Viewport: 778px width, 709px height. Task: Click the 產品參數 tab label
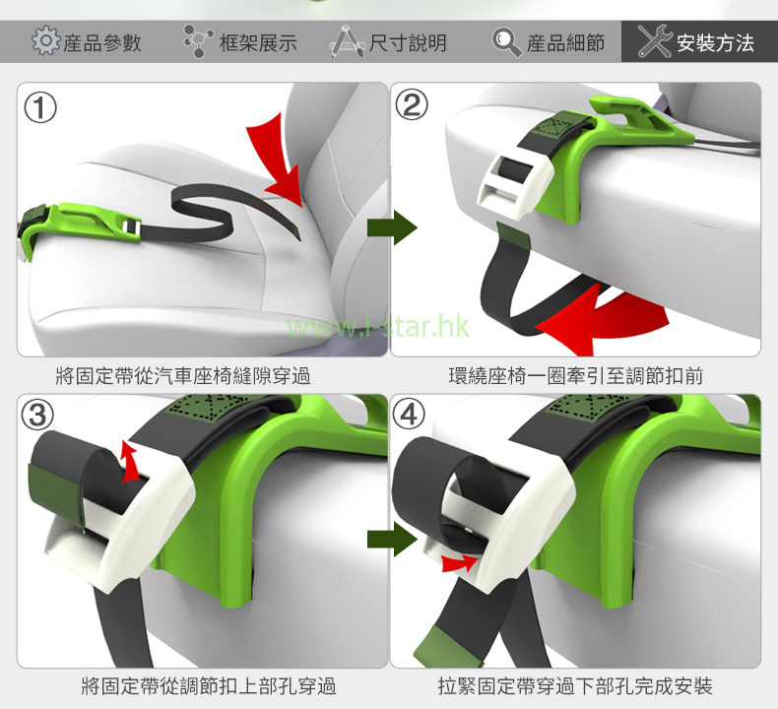(102, 42)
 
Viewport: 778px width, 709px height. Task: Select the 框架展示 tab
(258, 42)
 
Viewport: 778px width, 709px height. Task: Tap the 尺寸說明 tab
(408, 42)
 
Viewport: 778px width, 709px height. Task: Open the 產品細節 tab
(565, 42)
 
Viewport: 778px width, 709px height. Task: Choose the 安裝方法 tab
(715, 42)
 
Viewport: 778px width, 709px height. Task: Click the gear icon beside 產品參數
(45, 40)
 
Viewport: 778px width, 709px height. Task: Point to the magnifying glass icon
(506, 42)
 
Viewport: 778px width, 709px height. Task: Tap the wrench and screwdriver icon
(655, 41)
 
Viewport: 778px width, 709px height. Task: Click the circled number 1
(40, 107)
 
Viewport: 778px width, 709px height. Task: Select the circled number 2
(412, 104)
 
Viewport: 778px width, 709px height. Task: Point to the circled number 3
(37, 415)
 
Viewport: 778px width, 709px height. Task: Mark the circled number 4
(409, 414)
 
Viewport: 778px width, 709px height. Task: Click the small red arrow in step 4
(460, 563)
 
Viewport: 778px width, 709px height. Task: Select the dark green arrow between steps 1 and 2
(393, 227)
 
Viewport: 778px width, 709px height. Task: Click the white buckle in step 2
(514, 183)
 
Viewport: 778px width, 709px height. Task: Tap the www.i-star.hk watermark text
(378, 326)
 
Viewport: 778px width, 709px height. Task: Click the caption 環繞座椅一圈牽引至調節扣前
(575, 375)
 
